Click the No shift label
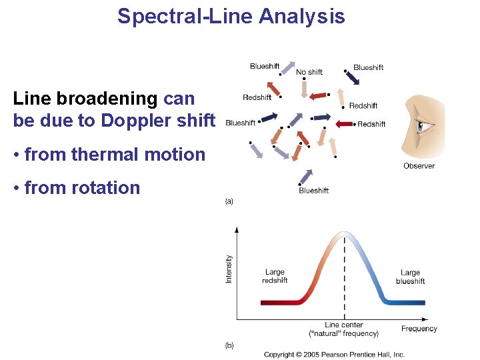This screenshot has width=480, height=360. point(309,72)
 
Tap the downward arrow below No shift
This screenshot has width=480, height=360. point(304,89)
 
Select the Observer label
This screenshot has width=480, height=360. point(419,165)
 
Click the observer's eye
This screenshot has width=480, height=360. point(422,125)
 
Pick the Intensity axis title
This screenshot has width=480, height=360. point(229,269)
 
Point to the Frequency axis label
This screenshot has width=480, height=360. point(419,329)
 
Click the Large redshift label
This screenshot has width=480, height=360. point(275,276)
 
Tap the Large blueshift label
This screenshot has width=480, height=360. point(410,277)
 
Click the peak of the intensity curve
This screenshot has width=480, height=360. point(344,233)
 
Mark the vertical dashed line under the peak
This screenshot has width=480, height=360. point(344,280)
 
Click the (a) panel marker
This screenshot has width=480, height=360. point(229,201)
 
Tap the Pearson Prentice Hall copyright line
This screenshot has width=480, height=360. point(334,354)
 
